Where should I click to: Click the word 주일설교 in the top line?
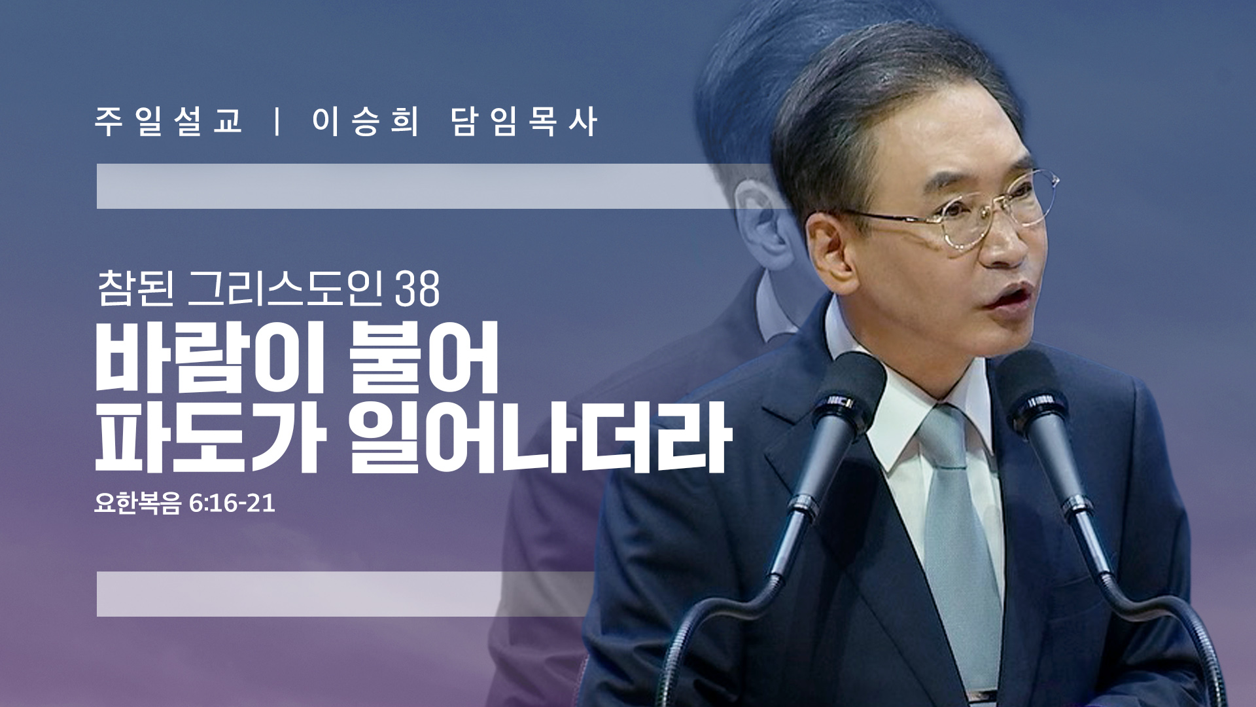point(169,122)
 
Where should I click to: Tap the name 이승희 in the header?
point(365,122)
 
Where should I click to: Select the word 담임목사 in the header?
point(524,122)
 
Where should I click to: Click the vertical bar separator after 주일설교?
point(278,122)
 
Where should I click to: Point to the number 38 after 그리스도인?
point(417,289)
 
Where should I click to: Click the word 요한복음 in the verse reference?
point(137,503)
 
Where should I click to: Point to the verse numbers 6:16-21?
point(232,503)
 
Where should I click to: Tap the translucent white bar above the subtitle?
point(419,187)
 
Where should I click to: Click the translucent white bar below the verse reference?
point(347,594)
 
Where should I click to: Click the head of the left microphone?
point(847,393)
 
